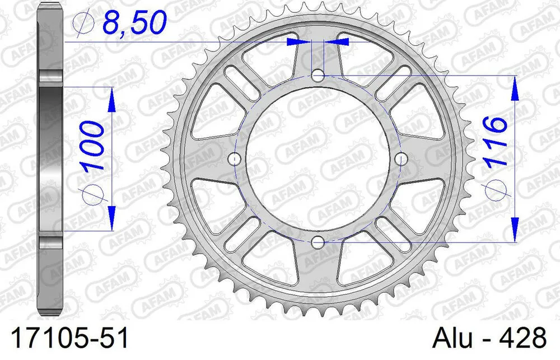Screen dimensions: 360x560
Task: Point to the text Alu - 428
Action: click(x=490, y=339)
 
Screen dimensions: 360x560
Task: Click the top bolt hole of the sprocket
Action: click(x=318, y=75)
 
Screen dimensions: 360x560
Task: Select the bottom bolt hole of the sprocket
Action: click(x=318, y=242)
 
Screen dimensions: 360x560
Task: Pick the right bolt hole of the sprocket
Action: click(x=401, y=159)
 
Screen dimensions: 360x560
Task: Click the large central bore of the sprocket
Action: click(x=318, y=159)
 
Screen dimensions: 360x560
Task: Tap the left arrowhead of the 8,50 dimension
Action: click(x=297, y=41)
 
